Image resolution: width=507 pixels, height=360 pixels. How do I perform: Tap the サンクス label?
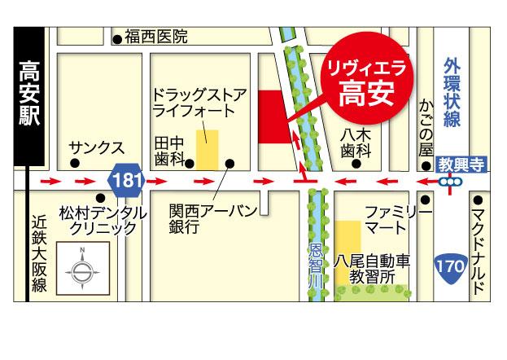[x=97, y=148]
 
